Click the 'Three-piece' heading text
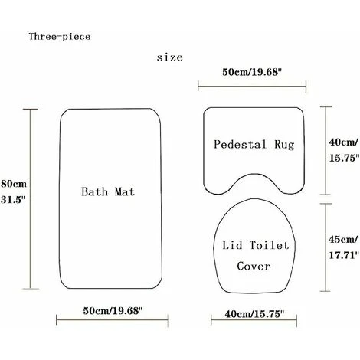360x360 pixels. click(x=60, y=37)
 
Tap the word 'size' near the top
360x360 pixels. click(x=170, y=57)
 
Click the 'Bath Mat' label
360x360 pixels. click(x=108, y=191)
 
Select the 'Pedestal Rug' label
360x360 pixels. click(x=254, y=145)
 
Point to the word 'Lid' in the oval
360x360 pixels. click(x=232, y=245)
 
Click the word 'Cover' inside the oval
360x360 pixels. click(x=254, y=267)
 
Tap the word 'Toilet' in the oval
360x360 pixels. click(x=269, y=245)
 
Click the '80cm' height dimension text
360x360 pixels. click(x=14, y=184)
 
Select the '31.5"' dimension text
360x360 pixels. click(x=14, y=199)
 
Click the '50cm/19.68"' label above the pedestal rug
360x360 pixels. click(x=251, y=72)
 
